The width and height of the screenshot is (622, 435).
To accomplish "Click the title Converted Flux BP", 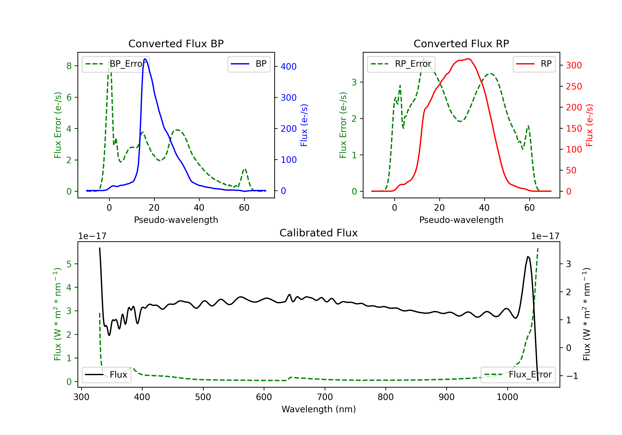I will [176, 43].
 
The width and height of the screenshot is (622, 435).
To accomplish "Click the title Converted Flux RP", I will [461, 43].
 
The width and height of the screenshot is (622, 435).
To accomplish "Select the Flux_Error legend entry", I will [518, 375].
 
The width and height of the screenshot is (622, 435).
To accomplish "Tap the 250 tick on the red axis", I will [574, 86].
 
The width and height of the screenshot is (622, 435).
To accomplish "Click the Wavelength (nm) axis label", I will [319, 409].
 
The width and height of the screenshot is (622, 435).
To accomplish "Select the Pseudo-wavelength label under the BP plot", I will [176, 220].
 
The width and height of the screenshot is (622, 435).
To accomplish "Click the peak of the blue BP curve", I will [145, 59].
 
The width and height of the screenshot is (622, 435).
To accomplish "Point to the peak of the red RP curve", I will [468, 59].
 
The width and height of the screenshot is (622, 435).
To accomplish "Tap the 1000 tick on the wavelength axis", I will [507, 397].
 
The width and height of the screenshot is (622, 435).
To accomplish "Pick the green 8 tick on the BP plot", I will [69, 66].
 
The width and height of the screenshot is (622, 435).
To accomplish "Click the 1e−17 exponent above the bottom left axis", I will [92, 236].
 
